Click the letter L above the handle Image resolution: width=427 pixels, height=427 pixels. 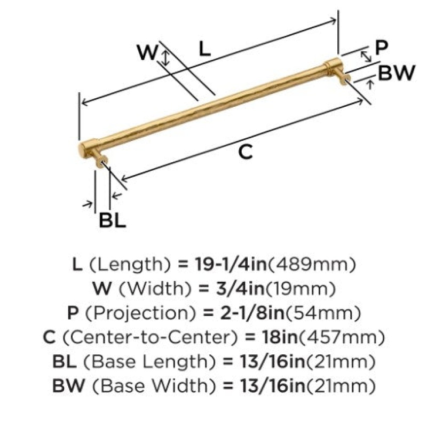pyautogui.click(x=205, y=49)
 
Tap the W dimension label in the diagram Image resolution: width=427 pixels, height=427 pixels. pyautogui.click(x=148, y=52)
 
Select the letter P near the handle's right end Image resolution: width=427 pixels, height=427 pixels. pyautogui.click(x=381, y=48)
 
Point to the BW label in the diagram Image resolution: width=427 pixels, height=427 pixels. pyautogui.click(x=396, y=73)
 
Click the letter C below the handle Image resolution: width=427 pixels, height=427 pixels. pyautogui.click(x=246, y=152)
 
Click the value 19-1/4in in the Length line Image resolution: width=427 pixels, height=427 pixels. pyautogui.click(x=231, y=264)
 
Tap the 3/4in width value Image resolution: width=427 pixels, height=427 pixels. pyautogui.click(x=240, y=288)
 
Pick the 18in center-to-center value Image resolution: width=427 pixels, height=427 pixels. pyautogui.click(x=280, y=337)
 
